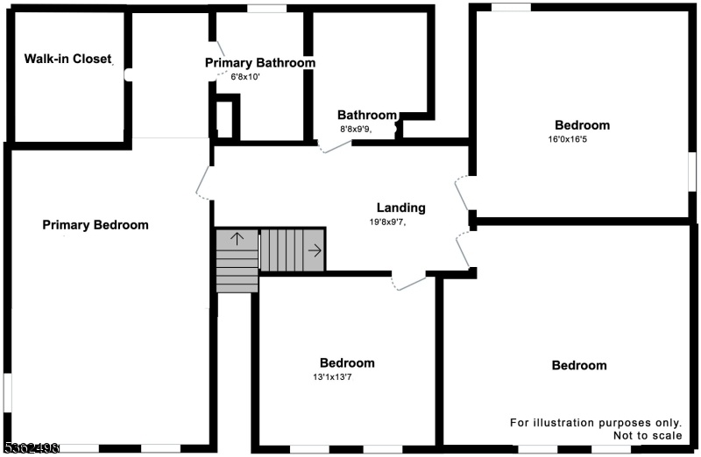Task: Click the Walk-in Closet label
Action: pos(67,59)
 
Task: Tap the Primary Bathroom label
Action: pos(260,63)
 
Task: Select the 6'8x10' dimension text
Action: pos(245,77)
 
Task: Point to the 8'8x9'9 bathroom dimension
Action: pos(356,130)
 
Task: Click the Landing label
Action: pos(401,207)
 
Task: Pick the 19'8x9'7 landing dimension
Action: pos(387,221)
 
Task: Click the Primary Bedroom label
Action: pos(96,225)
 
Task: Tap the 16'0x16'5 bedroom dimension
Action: pos(567,139)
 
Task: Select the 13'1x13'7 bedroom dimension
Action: pos(332,377)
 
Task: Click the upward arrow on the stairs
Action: pos(237,239)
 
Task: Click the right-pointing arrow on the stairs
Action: pos(315,250)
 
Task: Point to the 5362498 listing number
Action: pos(32,447)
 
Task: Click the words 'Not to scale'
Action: pos(648,436)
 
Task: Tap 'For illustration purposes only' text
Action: pos(596,423)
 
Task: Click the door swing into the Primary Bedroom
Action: pos(203,183)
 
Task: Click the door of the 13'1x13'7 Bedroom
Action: pos(408,282)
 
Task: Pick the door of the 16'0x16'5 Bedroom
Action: pos(463,193)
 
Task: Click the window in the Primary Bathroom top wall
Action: pos(267,9)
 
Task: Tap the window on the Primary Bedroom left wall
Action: pos(8,393)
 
